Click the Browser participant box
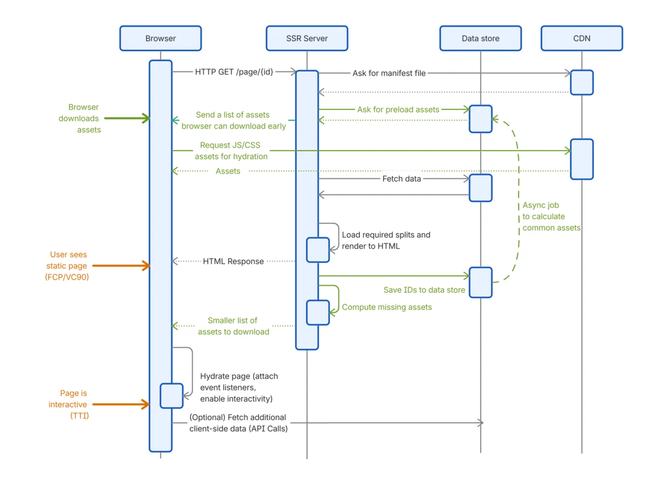point(161,38)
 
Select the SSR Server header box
point(307,38)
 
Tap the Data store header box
point(480,38)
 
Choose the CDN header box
point(582,38)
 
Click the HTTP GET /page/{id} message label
point(234,72)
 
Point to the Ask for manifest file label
point(389,73)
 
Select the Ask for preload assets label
point(398,109)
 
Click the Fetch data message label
point(401,178)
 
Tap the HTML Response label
point(233,261)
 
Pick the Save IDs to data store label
point(424,290)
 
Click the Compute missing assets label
point(387,307)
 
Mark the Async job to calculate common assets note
point(551,217)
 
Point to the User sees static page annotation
point(68,265)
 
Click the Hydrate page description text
point(239,387)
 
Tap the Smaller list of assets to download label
point(233,326)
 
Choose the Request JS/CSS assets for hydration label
point(231,150)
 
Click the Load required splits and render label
point(386,240)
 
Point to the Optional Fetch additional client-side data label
point(238,423)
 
